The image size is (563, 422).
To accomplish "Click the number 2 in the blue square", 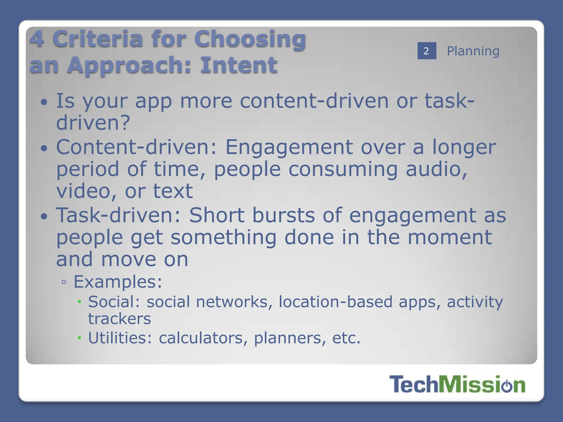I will click(x=426, y=51).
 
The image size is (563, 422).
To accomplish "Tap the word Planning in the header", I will click(x=473, y=51).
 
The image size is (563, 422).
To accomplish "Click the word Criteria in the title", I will click(x=97, y=39).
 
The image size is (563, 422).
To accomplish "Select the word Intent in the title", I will click(x=239, y=65).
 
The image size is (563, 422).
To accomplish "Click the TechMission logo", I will click(x=457, y=384).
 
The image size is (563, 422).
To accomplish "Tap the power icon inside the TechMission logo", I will click(x=507, y=385).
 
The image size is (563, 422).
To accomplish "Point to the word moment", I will click(x=449, y=237).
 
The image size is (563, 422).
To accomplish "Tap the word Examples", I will click(x=118, y=282).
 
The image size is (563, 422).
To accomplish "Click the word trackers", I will click(x=119, y=319).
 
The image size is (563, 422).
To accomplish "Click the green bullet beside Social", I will click(x=79, y=302).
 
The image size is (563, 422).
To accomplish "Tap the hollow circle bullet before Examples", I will click(x=64, y=282).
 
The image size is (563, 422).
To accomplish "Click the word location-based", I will click(x=336, y=302).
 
